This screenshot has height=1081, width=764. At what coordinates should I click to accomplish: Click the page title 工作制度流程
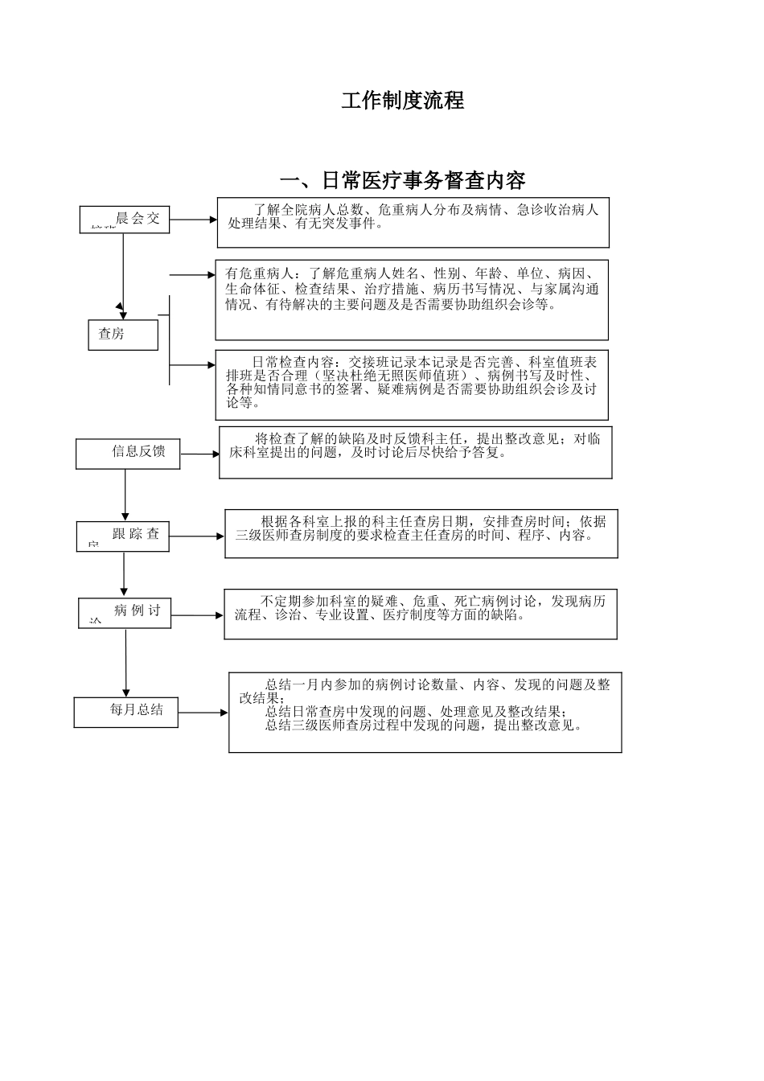coord(402,101)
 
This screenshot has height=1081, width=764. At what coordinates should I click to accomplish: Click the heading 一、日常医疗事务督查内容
coord(402,179)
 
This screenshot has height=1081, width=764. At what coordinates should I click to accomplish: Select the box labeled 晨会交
coord(125,219)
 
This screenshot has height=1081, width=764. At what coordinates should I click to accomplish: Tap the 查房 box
coord(122,334)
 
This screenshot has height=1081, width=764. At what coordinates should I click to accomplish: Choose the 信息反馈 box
coord(127,454)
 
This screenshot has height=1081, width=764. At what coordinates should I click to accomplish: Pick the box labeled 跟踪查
coord(123,536)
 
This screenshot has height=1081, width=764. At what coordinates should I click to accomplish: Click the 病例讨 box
coord(125,612)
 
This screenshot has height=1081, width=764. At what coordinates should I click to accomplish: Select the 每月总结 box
coord(125,712)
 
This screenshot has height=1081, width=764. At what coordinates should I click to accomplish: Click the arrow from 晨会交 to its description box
coord(193,219)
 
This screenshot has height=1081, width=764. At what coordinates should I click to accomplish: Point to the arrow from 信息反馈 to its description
coord(199,454)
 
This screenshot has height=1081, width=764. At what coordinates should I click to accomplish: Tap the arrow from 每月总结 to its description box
coord(203,712)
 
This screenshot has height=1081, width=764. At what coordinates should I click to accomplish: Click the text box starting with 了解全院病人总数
coord(413,223)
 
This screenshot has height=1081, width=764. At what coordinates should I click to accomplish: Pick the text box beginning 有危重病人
coord(411,299)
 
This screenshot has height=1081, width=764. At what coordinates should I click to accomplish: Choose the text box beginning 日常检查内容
coord(411,384)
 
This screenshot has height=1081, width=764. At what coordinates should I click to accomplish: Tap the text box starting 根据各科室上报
coord(421,532)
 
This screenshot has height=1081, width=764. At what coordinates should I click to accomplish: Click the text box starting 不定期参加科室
coord(420,614)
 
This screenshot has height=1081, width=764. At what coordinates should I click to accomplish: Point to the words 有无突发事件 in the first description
coord(339,224)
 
